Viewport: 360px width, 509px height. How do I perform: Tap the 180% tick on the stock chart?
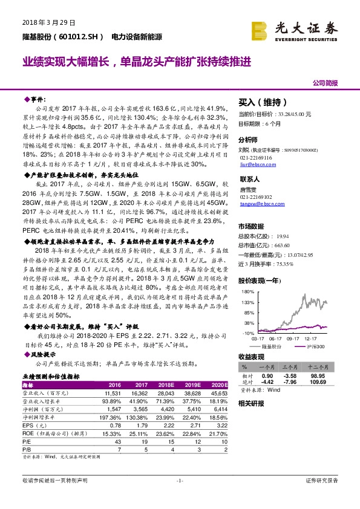point(247,291)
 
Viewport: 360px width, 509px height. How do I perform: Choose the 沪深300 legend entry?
point(315,346)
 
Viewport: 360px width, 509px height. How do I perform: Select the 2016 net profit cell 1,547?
point(114,409)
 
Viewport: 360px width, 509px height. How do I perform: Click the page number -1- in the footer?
point(179,480)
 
